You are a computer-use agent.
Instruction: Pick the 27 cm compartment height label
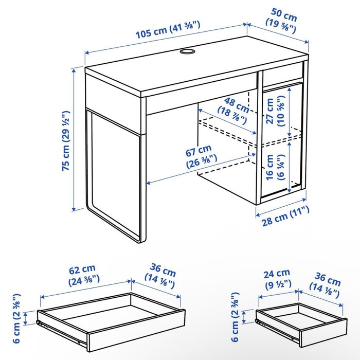coord(272,112)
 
